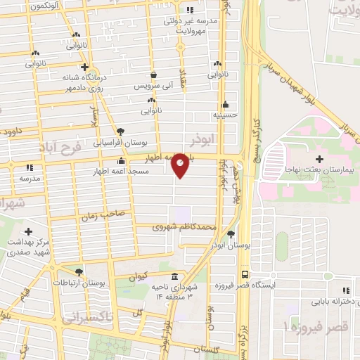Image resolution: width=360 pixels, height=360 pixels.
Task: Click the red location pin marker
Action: click(x=181, y=165)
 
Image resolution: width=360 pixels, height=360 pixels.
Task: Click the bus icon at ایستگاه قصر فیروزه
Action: click(x=245, y=275)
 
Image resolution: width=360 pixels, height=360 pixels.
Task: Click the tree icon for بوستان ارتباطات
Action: click(x=78, y=271)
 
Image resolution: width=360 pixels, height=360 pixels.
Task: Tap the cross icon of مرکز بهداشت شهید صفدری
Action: click(x=28, y=231)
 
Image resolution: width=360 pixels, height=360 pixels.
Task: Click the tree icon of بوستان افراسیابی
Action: click(x=120, y=131)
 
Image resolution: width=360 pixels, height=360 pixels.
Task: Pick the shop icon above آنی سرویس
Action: click(x=154, y=73)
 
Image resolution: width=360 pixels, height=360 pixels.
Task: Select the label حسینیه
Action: click(x=226, y=114)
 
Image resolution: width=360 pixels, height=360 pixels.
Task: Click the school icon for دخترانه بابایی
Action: click(x=345, y=290)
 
